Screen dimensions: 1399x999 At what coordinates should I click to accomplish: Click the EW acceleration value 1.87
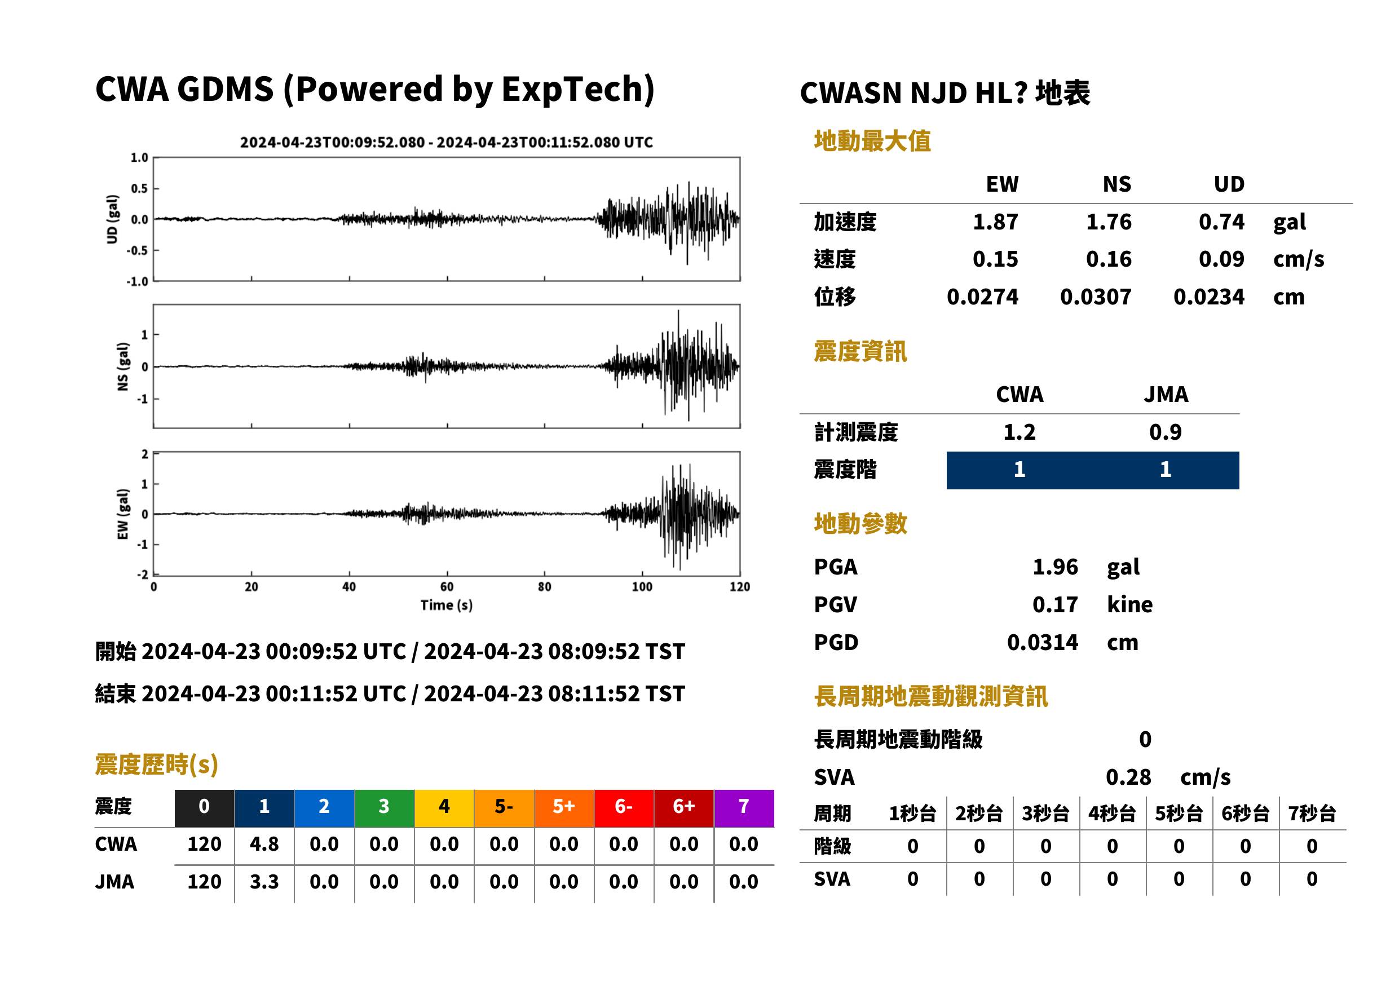tap(995, 222)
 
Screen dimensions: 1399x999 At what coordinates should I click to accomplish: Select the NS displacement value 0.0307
tap(1095, 297)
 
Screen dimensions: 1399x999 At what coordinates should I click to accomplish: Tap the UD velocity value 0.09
tap(1221, 259)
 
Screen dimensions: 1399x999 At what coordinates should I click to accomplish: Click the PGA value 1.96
tap(1055, 567)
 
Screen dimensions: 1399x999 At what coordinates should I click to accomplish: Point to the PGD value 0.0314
tap(1042, 642)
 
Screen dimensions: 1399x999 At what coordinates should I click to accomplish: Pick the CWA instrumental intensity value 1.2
tap(1020, 432)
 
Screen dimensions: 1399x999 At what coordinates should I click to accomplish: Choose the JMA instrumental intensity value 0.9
tap(1165, 432)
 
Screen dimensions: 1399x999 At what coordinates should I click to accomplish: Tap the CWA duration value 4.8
tap(264, 844)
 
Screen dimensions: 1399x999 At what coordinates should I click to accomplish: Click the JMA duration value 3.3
tap(264, 882)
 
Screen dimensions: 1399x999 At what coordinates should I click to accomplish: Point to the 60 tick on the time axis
tap(447, 587)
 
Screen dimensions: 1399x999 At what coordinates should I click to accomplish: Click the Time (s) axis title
tap(447, 605)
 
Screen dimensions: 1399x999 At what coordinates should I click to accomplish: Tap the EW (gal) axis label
tap(123, 514)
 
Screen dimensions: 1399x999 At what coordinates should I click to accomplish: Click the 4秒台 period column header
tap(1111, 813)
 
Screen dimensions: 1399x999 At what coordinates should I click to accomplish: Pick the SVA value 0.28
tap(1128, 777)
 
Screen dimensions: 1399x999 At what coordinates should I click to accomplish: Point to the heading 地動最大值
tap(872, 141)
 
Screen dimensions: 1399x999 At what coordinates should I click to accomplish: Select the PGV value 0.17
tap(1055, 605)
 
